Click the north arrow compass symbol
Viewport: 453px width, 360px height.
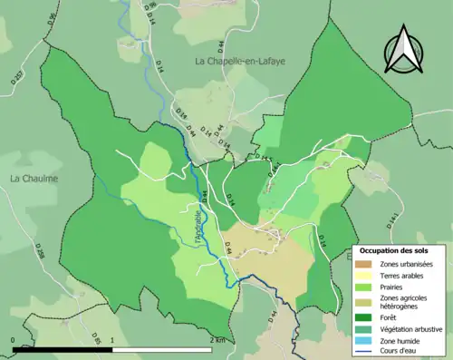click(405, 50)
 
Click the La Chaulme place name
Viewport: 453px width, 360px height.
click(34, 179)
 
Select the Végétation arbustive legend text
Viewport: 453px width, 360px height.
click(412, 330)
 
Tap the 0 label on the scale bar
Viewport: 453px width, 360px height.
click(14, 340)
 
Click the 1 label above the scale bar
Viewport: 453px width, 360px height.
click(111, 340)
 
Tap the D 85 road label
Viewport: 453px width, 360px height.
click(97, 342)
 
